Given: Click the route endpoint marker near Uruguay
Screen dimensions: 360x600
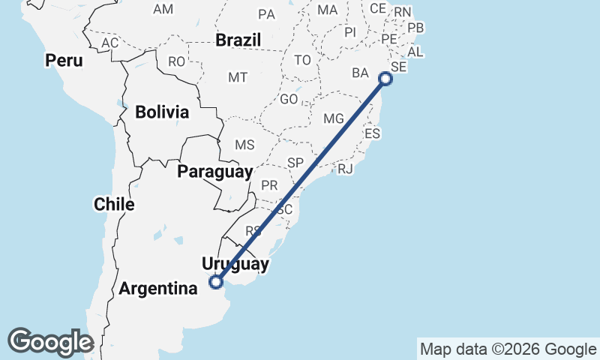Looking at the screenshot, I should pyautogui.click(x=216, y=282).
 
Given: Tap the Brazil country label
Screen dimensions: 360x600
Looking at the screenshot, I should pyautogui.click(x=238, y=40).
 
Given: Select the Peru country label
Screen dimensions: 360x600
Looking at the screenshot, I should pyautogui.click(x=63, y=60).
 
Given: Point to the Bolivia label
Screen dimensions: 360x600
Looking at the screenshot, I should pyautogui.click(x=162, y=112).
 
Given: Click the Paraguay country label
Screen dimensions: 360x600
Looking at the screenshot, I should pyautogui.click(x=215, y=172).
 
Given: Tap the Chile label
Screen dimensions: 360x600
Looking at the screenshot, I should pyautogui.click(x=114, y=203).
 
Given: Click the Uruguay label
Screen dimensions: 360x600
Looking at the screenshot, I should pyautogui.click(x=235, y=264).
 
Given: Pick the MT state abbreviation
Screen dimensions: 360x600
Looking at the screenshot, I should pyautogui.click(x=238, y=77).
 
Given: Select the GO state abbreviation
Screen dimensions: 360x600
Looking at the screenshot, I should pyautogui.click(x=289, y=99).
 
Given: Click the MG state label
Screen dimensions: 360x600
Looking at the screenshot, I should pyautogui.click(x=333, y=119).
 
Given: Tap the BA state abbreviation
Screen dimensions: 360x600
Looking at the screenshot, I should pyautogui.click(x=361, y=73).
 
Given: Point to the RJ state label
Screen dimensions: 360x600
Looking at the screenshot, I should pyautogui.click(x=345, y=169).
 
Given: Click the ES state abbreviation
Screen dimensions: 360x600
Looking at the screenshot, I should pyautogui.click(x=373, y=133).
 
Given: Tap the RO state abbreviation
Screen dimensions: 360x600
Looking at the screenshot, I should pyautogui.click(x=176, y=61).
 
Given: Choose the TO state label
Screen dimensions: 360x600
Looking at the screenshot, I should pyautogui.click(x=302, y=60).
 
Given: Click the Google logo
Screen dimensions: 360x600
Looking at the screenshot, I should pyautogui.click(x=50, y=342).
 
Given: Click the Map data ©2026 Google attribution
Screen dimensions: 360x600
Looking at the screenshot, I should pyautogui.click(x=507, y=349).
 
